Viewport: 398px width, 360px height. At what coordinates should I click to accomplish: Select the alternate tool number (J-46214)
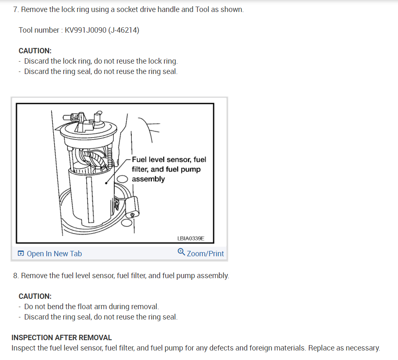click(123, 30)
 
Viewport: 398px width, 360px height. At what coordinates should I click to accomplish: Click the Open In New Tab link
click(54, 254)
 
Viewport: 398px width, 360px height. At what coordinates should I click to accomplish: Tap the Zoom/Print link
click(205, 254)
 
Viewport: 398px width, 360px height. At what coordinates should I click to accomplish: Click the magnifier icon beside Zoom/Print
click(181, 252)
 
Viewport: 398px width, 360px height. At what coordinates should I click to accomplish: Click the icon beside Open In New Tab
click(21, 254)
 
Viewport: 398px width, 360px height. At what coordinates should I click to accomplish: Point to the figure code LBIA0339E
click(190, 238)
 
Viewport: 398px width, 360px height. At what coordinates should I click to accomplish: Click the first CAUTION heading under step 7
click(35, 51)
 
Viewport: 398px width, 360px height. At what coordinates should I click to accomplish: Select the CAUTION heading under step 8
click(35, 296)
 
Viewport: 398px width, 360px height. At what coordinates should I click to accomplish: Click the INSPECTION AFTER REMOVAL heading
click(62, 338)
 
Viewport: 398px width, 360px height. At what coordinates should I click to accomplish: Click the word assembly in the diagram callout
click(148, 179)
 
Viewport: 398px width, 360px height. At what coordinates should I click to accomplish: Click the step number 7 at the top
click(16, 9)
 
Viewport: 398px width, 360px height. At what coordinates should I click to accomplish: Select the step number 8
click(16, 275)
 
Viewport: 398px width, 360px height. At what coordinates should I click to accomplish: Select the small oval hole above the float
click(122, 179)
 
